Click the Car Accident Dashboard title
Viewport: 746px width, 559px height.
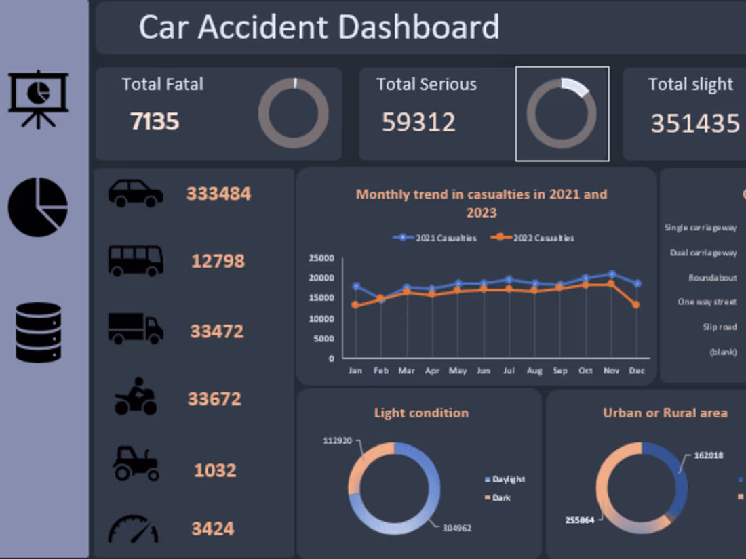click(x=319, y=27)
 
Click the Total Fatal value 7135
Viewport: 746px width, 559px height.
click(x=155, y=122)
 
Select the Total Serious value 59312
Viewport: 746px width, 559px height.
click(x=418, y=122)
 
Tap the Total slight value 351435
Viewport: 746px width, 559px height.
click(x=695, y=123)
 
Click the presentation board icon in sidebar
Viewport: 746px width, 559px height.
click(x=39, y=99)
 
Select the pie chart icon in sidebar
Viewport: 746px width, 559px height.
click(x=38, y=207)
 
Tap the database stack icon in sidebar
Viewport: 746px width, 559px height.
click(x=39, y=332)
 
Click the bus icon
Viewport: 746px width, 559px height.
click(x=136, y=261)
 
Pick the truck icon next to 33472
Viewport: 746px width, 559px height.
click(x=136, y=329)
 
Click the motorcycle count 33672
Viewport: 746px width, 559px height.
click(x=214, y=399)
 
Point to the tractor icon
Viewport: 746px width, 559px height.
click(x=136, y=463)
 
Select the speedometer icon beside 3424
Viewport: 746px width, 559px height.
click(x=134, y=529)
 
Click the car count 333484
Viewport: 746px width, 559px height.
click(x=218, y=194)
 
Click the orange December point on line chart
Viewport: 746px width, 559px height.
click(x=635, y=305)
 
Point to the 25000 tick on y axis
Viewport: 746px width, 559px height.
click(x=321, y=258)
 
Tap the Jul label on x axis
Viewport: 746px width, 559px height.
click(x=509, y=371)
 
